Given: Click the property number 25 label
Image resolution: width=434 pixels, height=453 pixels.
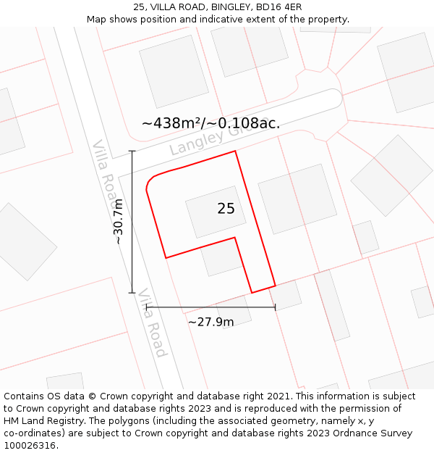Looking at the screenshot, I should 226,209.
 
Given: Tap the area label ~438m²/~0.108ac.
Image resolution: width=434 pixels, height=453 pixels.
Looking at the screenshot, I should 210,123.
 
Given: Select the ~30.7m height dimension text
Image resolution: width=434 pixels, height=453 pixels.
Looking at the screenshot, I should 119,222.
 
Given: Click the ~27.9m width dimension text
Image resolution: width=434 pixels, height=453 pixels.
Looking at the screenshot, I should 210,322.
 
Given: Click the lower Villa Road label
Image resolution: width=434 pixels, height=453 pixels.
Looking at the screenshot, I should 153,323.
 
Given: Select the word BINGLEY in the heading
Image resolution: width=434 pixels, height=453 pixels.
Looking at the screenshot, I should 230,7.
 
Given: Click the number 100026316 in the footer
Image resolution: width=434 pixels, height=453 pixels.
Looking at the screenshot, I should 29,446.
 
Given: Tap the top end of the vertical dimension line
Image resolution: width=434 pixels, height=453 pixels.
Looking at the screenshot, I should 132,151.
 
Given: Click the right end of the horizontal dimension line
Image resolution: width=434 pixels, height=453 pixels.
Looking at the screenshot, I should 276,307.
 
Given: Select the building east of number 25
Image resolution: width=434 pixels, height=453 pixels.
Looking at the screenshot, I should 297,199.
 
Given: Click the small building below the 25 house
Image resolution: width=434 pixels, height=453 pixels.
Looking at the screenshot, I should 221,259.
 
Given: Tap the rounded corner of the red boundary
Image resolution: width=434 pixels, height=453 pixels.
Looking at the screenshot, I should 150,181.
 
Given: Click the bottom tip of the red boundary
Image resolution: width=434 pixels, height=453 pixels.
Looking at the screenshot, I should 252,293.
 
